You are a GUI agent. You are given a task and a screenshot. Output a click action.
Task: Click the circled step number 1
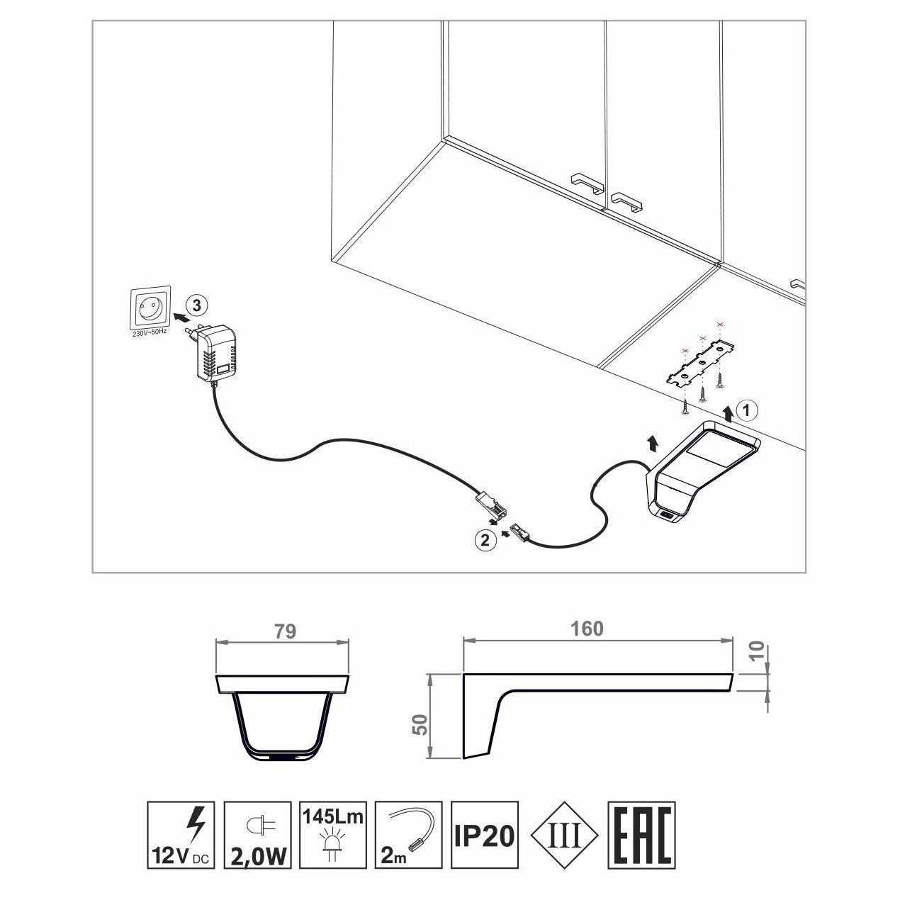click(746, 409)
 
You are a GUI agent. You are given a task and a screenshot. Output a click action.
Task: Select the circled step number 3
click(198, 305)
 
